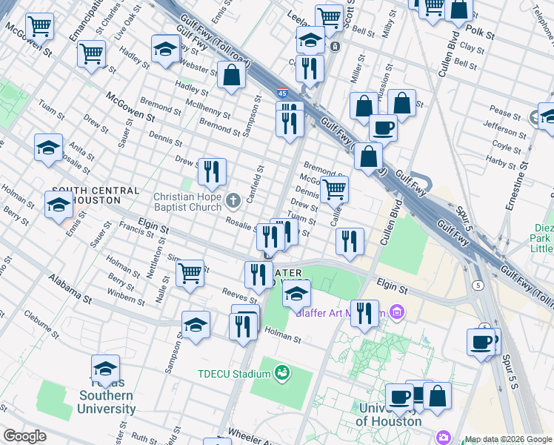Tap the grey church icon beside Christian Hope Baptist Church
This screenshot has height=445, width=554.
point(233,199)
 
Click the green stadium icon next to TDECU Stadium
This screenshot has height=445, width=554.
point(281,372)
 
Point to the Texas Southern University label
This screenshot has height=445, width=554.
point(107,402)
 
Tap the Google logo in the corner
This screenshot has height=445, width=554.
point(24,436)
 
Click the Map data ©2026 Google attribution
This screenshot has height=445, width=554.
point(507,439)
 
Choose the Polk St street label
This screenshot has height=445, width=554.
point(480,33)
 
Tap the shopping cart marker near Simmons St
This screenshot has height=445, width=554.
point(190,272)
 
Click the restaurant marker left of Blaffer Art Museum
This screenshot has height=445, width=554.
point(364,312)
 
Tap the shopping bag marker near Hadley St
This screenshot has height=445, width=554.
point(231,74)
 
